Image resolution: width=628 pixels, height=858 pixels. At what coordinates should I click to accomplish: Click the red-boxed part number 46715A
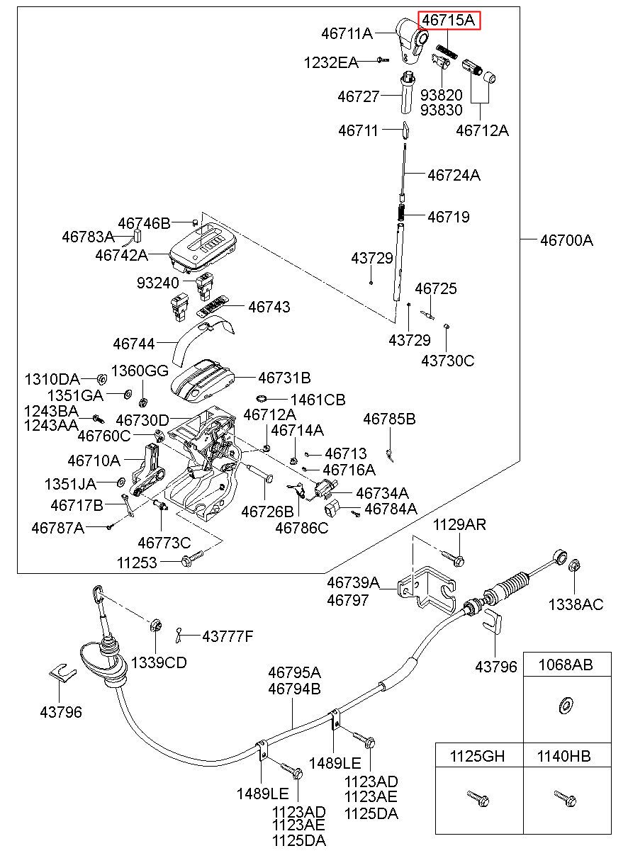[x=448, y=21]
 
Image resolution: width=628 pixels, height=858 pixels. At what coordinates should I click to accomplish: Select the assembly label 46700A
[x=566, y=241]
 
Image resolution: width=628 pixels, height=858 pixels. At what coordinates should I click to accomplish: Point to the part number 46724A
[x=454, y=175]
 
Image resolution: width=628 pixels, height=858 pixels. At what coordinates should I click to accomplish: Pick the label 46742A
[x=121, y=255]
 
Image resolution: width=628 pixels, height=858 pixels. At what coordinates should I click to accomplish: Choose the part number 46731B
[x=284, y=378]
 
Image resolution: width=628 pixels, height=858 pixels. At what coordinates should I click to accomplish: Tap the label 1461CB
[x=318, y=400]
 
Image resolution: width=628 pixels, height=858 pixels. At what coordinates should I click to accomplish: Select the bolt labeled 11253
[x=192, y=558]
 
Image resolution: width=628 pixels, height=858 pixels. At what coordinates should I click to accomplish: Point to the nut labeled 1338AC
[x=575, y=565]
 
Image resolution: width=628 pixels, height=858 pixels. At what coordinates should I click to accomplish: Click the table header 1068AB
[x=566, y=665]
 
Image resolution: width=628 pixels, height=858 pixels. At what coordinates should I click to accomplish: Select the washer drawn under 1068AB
[x=564, y=706]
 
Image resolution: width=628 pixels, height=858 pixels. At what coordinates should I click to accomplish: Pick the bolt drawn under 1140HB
[x=565, y=798]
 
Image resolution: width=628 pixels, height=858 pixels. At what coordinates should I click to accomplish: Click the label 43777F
[x=228, y=636]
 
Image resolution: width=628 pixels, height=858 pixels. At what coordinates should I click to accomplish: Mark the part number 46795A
[x=294, y=672]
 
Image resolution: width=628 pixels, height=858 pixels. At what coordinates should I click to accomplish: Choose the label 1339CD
[x=159, y=662]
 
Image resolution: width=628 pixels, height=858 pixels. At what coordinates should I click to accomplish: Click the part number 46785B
[x=389, y=419]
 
